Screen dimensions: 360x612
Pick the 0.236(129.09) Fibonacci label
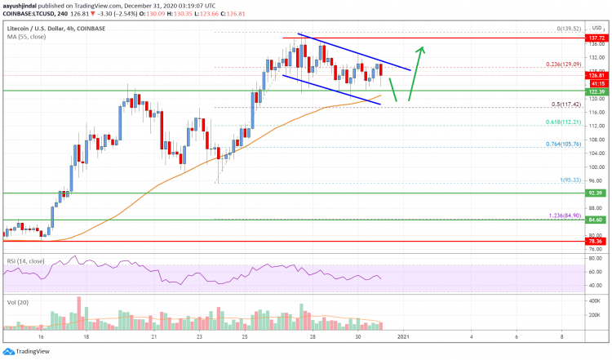569,63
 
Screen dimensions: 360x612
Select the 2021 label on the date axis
404,336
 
